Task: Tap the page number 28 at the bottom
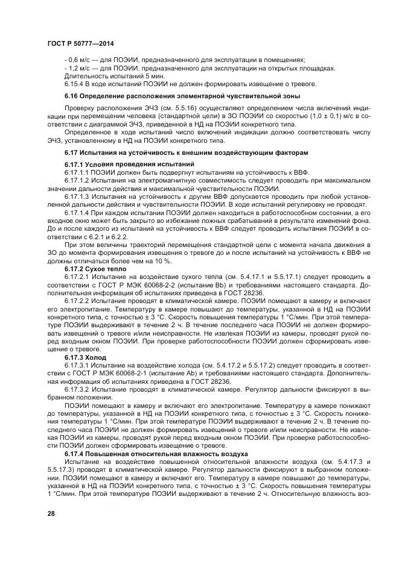pos(50,512)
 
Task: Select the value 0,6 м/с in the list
pos(80,59)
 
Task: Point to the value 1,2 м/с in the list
pos(80,68)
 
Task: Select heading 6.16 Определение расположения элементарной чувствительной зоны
pos(182,96)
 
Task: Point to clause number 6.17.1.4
pos(79,214)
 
